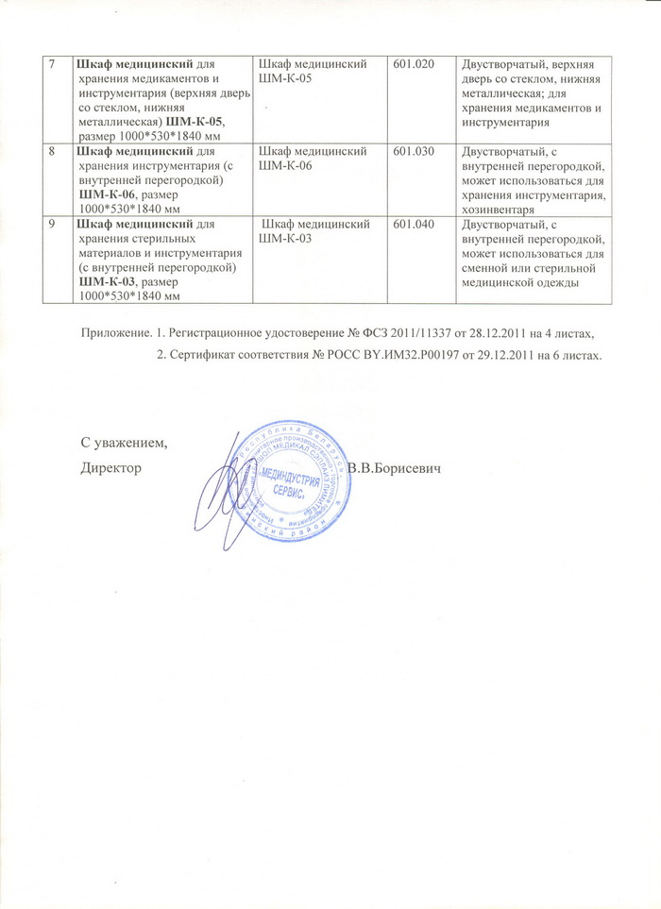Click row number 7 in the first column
54,64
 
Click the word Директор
111,468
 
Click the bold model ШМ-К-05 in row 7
196,124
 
